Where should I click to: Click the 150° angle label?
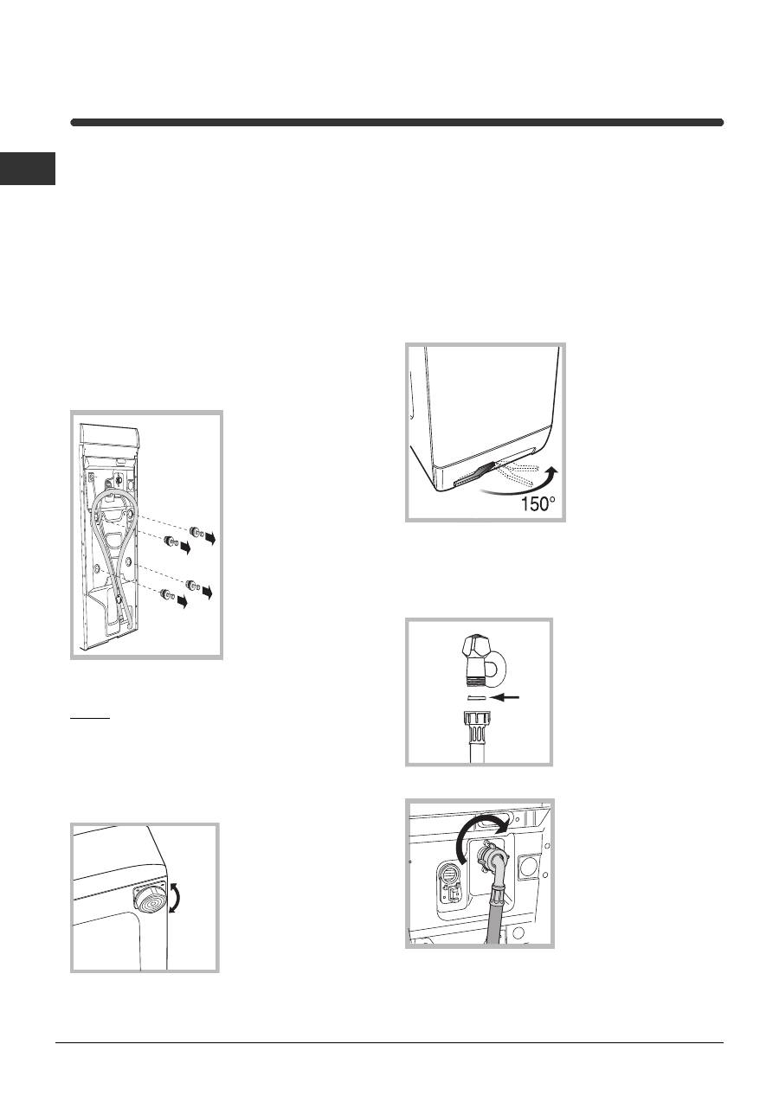pyautogui.click(x=538, y=503)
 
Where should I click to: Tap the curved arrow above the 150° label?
pyautogui.click(x=522, y=484)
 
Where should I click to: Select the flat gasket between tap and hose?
pyautogui.click(x=476, y=697)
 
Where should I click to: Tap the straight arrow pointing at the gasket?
pyautogui.click(x=505, y=697)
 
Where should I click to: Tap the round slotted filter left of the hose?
pyautogui.click(x=449, y=875)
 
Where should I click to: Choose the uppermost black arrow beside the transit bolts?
pyautogui.click(x=209, y=538)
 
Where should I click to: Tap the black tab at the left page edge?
pyautogui.click(x=28, y=169)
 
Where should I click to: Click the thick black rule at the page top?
pyautogui.click(x=397, y=123)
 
